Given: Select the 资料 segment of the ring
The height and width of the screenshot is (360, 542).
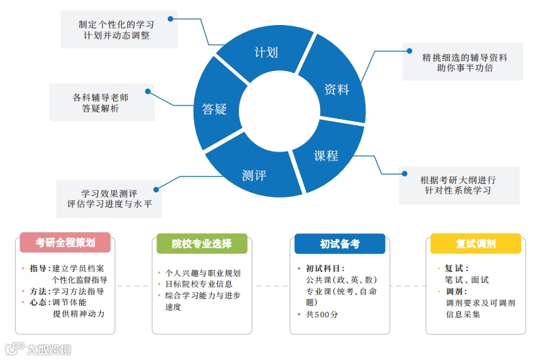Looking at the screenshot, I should tap(336, 89).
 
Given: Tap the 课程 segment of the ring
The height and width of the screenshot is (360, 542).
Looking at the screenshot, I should tap(325, 155).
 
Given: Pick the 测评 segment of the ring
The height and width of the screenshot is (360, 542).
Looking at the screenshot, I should tap(254, 175).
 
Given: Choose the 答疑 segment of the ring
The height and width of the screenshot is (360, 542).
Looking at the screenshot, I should tap(214, 108).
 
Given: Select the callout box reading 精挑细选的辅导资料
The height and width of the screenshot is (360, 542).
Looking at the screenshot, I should tap(464, 62).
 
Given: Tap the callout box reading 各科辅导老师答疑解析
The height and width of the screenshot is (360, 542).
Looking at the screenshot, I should tap(101, 103).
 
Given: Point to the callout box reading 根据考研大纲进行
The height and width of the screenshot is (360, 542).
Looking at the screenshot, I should tap(458, 185).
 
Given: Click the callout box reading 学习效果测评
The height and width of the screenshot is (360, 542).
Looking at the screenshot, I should tap(109, 198).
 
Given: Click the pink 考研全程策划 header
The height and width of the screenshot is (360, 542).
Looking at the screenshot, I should tap(65, 242).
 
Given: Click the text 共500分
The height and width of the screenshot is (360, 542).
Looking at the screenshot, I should tap(321, 315).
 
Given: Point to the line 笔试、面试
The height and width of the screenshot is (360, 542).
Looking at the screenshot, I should tap(467, 279).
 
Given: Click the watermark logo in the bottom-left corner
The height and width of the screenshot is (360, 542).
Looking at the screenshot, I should tap(37, 350).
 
